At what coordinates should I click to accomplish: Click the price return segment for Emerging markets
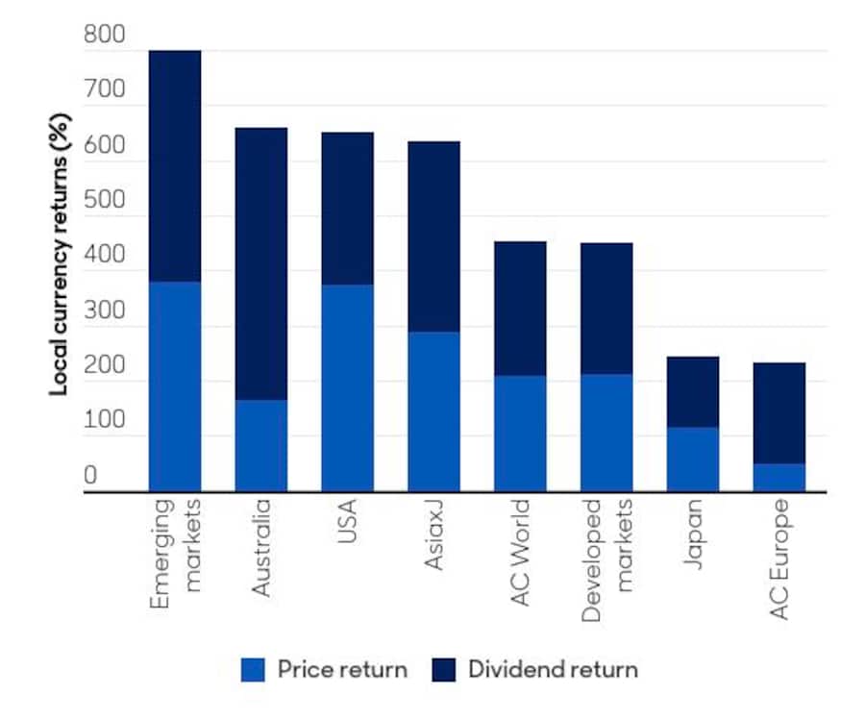(x=175, y=386)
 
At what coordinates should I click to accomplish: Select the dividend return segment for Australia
(x=261, y=263)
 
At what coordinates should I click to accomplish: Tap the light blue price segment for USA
(x=347, y=388)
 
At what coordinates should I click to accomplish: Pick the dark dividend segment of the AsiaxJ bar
(x=433, y=236)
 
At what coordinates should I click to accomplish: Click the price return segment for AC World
(x=520, y=434)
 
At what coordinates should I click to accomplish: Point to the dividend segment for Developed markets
(x=606, y=308)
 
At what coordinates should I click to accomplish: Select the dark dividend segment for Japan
(x=692, y=391)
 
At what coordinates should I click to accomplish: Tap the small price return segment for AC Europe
(x=778, y=478)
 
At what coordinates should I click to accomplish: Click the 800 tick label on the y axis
(x=104, y=36)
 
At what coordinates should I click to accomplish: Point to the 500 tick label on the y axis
(x=104, y=201)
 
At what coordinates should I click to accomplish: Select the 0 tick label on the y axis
(x=90, y=477)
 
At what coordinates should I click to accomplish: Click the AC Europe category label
(x=778, y=559)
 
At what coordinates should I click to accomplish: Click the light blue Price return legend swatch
(x=253, y=669)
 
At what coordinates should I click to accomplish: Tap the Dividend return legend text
(x=553, y=669)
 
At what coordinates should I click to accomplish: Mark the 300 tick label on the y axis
(x=104, y=311)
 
